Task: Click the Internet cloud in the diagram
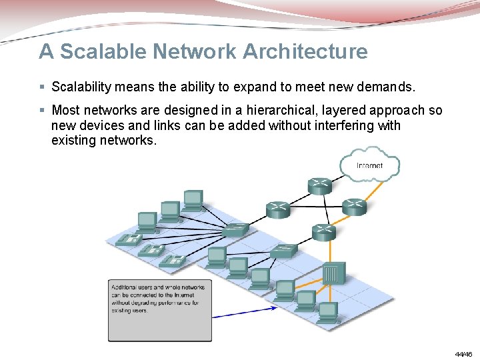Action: coord(370,166)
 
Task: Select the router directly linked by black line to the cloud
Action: coord(319,185)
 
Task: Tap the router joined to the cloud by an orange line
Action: coord(354,207)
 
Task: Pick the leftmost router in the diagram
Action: coord(278,209)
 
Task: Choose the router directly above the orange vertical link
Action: coord(323,231)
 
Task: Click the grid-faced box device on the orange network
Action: coord(333,273)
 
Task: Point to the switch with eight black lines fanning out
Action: coord(235,229)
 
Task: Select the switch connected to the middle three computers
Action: coord(284,251)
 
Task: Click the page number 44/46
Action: coord(463,353)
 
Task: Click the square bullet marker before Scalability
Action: coord(42,87)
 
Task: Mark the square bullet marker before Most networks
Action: coord(42,110)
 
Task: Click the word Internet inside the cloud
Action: coord(370,165)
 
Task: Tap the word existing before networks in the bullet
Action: coord(73,140)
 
